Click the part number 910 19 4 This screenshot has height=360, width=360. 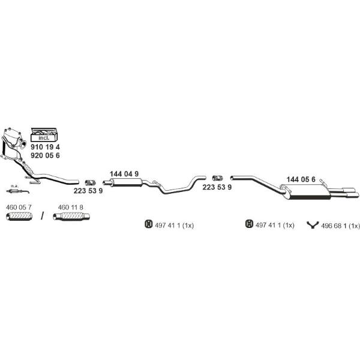click(45, 147)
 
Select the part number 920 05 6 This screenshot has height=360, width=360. click(45, 155)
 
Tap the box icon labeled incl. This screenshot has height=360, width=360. click(44, 134)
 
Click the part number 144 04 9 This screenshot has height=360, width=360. click(124, 174)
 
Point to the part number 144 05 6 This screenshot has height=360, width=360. click(301, 179)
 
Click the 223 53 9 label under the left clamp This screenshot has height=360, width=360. click(88, 191)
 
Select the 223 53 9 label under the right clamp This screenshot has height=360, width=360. click(217, 187)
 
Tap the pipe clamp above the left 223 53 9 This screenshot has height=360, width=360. click(90, 183)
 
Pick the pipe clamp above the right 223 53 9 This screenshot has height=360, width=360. click(217, 178)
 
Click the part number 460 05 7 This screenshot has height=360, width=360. click(19, 208)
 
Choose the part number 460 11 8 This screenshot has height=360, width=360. click(70, 208)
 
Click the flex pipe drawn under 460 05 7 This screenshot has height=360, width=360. click(19, 217)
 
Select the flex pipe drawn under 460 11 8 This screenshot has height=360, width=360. click(71, 217)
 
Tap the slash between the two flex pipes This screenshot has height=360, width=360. click(42, 216)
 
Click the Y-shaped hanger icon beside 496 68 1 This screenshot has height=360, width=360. click(313, 225)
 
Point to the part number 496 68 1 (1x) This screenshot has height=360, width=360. click(340, 226)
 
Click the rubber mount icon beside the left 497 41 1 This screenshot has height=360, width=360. click(149, 224)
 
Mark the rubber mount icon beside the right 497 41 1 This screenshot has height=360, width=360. click(249, 224)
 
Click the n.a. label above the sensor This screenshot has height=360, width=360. click(14, 186)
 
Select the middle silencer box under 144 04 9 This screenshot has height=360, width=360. click(127, 182)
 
